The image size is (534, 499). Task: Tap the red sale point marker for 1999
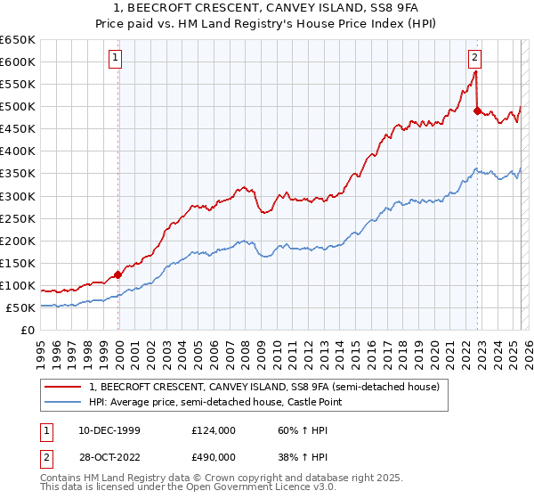(118, 274)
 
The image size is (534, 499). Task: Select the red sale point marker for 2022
(477, 111)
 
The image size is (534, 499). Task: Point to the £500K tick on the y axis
(18, 107)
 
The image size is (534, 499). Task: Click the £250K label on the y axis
(18, 218)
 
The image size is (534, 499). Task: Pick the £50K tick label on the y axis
(21, 308)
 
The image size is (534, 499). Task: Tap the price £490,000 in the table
(214, 456)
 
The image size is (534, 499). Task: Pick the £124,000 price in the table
(214, 430)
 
